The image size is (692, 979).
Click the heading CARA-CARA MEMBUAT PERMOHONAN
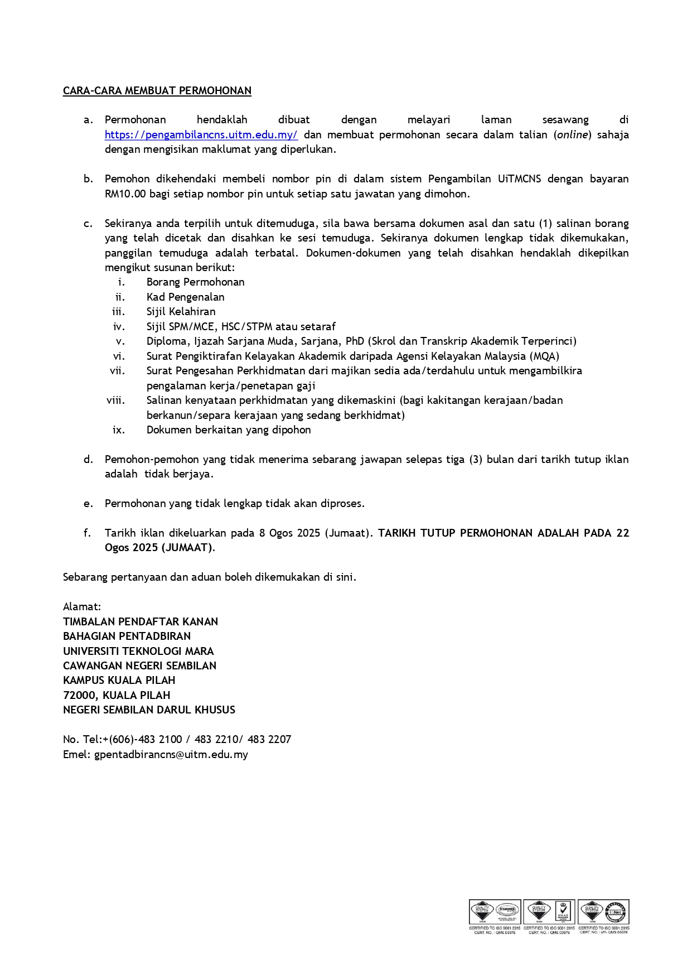click(x=157, y=91)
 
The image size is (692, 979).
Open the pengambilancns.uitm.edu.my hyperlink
click(x=201, y=134)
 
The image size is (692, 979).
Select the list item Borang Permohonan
click(x=195, y=282)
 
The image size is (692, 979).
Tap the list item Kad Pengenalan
click(x=185, y=297)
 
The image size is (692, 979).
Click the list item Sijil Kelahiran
click(x=181, y=312)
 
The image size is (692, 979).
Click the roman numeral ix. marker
click(x=118, y=430)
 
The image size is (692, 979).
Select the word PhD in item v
click(x=355, y=341)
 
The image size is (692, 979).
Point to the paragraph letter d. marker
click(x=88, y=460)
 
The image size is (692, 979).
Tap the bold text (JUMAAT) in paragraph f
click(x=187, y=548)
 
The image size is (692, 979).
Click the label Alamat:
click(x=82, y=607)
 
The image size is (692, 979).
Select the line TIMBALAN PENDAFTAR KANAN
click(x=141, y=621)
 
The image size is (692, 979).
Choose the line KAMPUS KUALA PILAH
click(x=119, y=681)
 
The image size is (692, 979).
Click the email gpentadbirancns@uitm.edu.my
click(x=171, y=755)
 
